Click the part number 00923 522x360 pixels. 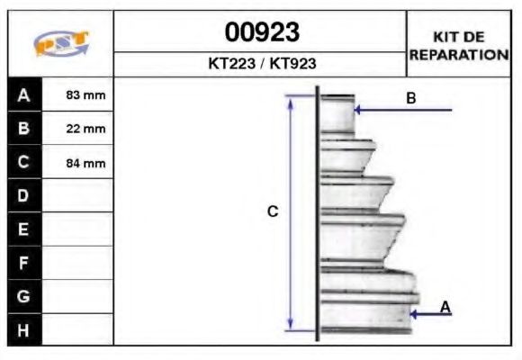pyautogui.click(x=261, y=32)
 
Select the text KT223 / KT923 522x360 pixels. pyautogui.click(x=261, y=64)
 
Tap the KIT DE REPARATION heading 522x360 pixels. pyautogui.click(x=458, y=45)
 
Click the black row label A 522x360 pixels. pyautogui.click(x=23, y=94)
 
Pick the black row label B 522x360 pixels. pyautogui.click(x=23, y=129)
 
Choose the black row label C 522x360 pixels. pyautogui.click(x=23, y=163)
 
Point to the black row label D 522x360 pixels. pyautogui.click(x=23, y=195)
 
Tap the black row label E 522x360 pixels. pyautogui.click(x=23, y=229)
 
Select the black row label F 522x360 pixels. pyautogui.click(x=23, y=263)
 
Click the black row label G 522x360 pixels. pyautogui.click(x=23, y=296)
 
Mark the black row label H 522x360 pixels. pyautogui.click(x=23, y=330)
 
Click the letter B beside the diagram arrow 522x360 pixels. pyautogui.click(x=410, y=98)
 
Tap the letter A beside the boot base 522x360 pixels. pyautogui.click(x=445, y=307)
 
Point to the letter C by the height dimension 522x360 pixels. pyautogui.click(x=273, y=212)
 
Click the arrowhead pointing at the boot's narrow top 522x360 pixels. pyautogui.click(x=359, y=110)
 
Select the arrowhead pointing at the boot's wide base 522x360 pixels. pyautogui.click(x=414, y=314)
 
